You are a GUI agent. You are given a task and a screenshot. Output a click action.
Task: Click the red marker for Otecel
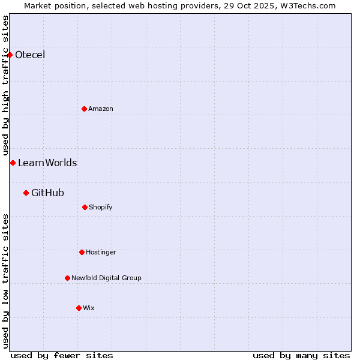tap(10, 55)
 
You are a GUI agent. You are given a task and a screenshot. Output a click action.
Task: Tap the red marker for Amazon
tap(84, 109)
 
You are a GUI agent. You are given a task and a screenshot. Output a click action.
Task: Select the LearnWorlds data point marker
tap(13, 163)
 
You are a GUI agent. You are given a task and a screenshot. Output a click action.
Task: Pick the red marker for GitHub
tap(26, 193)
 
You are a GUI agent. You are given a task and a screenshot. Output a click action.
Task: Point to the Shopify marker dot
tap(85, 207)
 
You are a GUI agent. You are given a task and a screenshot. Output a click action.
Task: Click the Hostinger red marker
tap(82, 252)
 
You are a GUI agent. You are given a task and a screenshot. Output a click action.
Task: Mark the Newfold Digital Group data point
tap(67, 278)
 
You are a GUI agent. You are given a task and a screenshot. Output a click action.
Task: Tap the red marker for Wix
tap(79, 308)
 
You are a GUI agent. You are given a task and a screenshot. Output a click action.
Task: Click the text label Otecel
tap(30, 55)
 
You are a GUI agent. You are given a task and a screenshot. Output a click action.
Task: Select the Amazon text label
tap(101, 109)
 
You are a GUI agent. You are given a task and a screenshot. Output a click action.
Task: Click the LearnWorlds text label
tap(47, 163)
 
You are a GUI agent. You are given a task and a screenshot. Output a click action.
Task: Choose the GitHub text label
tap(47, 193)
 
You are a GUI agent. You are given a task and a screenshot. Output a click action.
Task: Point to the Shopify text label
tap(101, 207)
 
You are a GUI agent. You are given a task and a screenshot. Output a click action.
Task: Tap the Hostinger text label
tap(101, 252)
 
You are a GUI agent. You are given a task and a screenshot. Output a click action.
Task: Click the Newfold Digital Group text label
tap(106, 278)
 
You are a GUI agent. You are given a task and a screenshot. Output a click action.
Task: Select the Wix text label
tap(89, 308)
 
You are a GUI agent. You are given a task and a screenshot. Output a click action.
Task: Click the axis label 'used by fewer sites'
tap(62, 355)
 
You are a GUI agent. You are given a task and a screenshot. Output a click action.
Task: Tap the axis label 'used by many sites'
tap(301, 355)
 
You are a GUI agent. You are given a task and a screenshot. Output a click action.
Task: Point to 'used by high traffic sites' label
tap(5, 86)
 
